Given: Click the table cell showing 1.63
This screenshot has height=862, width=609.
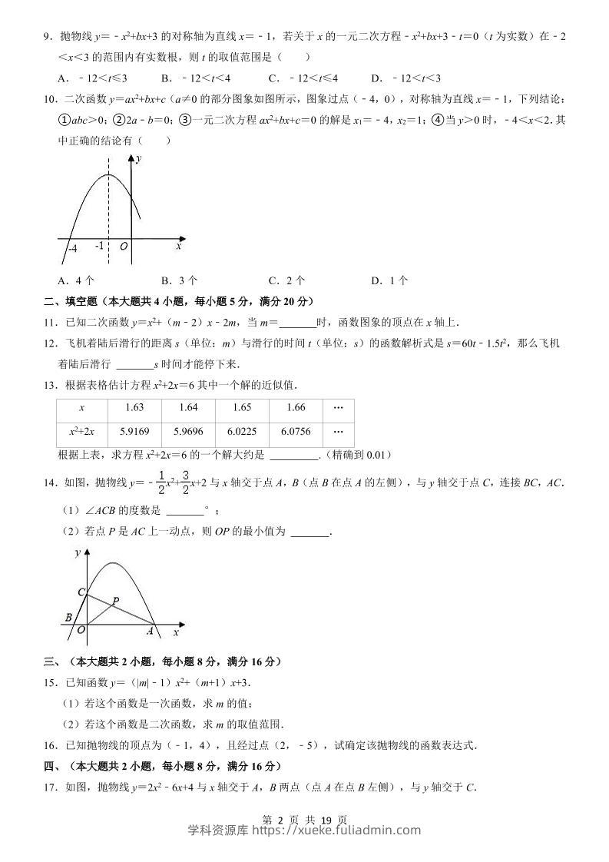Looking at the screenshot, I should pyautogui.click(x=134, y=407).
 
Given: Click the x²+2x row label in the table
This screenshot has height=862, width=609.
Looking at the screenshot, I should pyautogui.click(x=81, y=432).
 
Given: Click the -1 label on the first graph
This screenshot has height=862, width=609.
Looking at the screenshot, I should pyautogui.click(x=99, y=247).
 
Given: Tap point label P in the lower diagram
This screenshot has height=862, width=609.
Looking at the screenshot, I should pyautogui.click(x=116, y=600).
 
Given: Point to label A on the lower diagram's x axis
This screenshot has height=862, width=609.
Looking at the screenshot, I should pyautogui.click(x=151, y=631).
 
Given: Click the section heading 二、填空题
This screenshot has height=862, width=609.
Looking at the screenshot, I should pyautogui.click(x=63, y=301).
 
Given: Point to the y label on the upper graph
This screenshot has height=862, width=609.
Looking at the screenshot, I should pyautogui.click(x=138, y=159).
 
